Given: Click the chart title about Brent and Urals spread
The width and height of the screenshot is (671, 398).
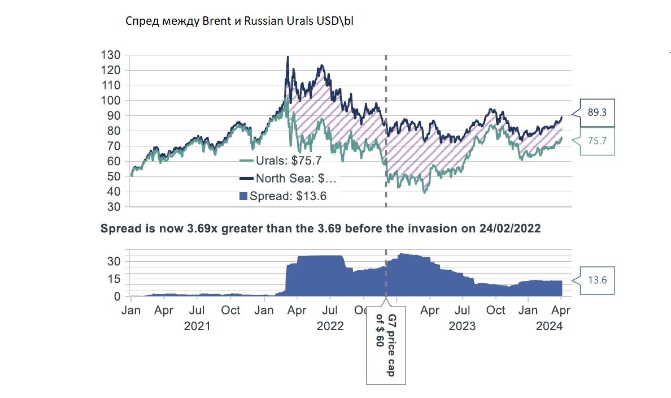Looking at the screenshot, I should click(239, 21).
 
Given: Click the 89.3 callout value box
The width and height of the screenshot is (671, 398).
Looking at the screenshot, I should click(597, 113).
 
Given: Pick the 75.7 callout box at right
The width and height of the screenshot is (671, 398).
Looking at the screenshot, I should click(597, 141).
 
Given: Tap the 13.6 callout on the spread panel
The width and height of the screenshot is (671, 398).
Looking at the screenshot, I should click(597, 279).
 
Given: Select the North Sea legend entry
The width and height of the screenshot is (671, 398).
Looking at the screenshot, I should click(289, 179).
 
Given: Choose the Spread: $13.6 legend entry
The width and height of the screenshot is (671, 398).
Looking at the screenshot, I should click(282, 196).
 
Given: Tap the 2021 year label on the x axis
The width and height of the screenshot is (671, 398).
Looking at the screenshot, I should click(198, 326).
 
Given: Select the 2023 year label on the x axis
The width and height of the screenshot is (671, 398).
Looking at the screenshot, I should click(463, 326).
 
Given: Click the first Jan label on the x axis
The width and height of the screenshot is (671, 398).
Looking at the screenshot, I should click(131, 310).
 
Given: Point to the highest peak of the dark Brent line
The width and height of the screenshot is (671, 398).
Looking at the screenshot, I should click(287, 57).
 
